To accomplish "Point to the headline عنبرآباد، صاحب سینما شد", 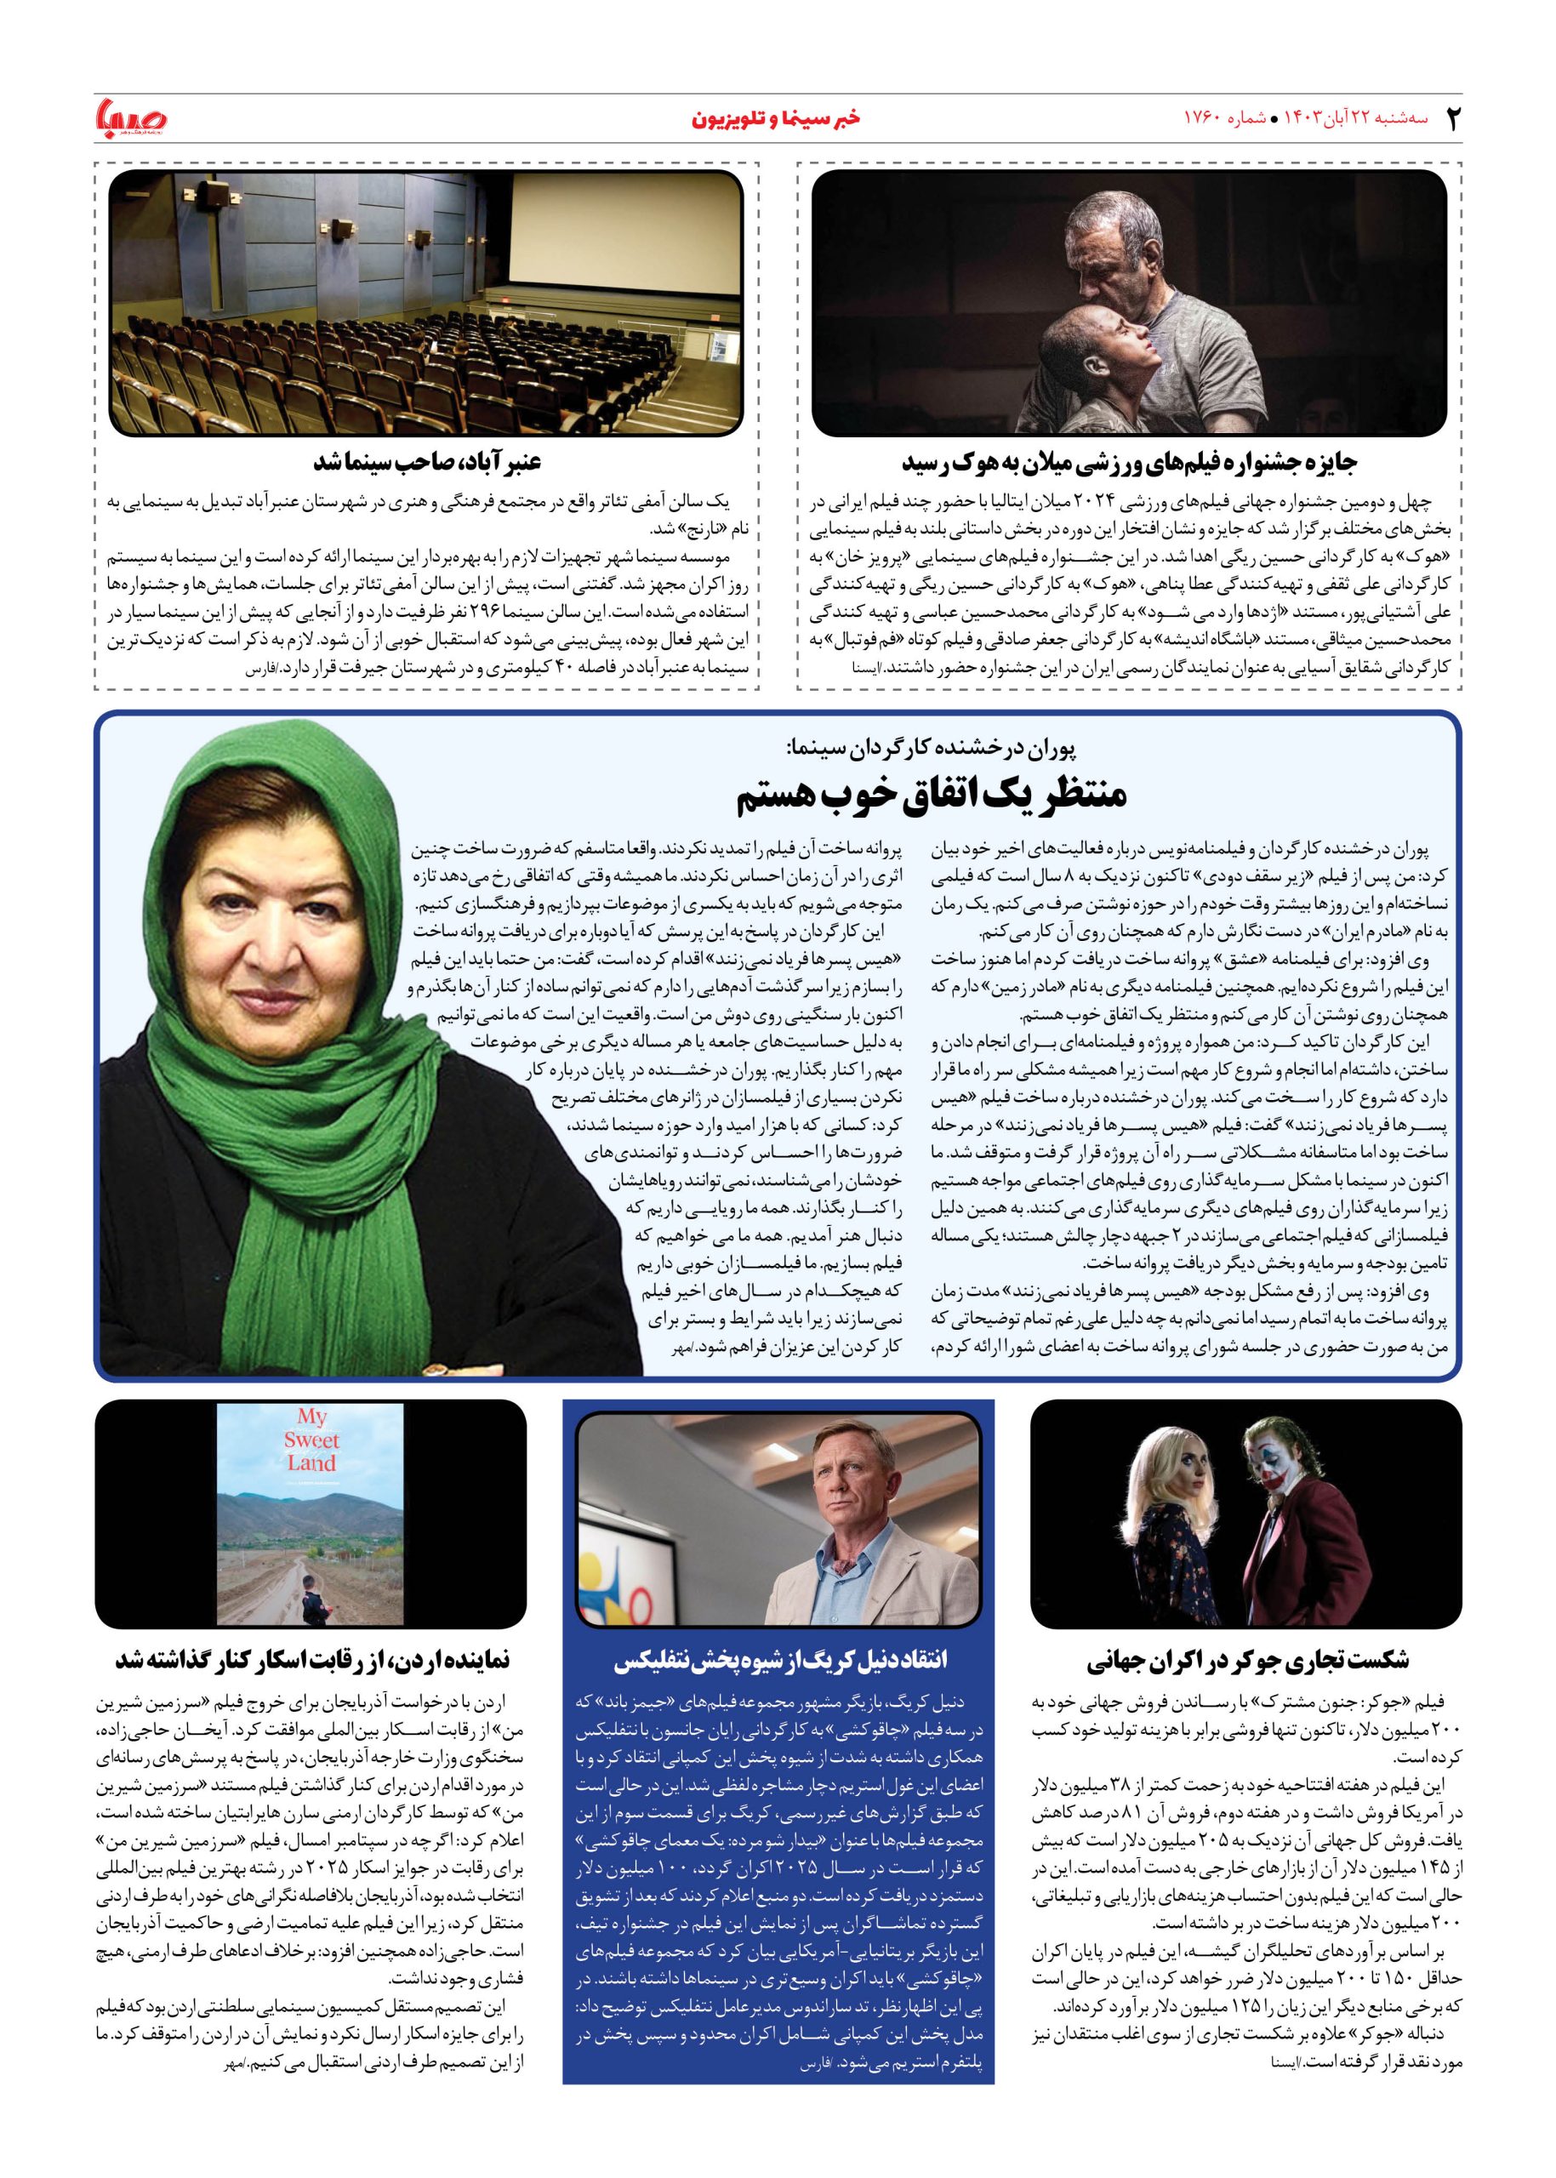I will pos(427,462).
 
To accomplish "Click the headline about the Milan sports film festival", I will pos(1130,463).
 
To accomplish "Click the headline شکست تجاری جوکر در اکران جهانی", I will pos(1247,1660).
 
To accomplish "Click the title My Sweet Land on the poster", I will pos(311,1440).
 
